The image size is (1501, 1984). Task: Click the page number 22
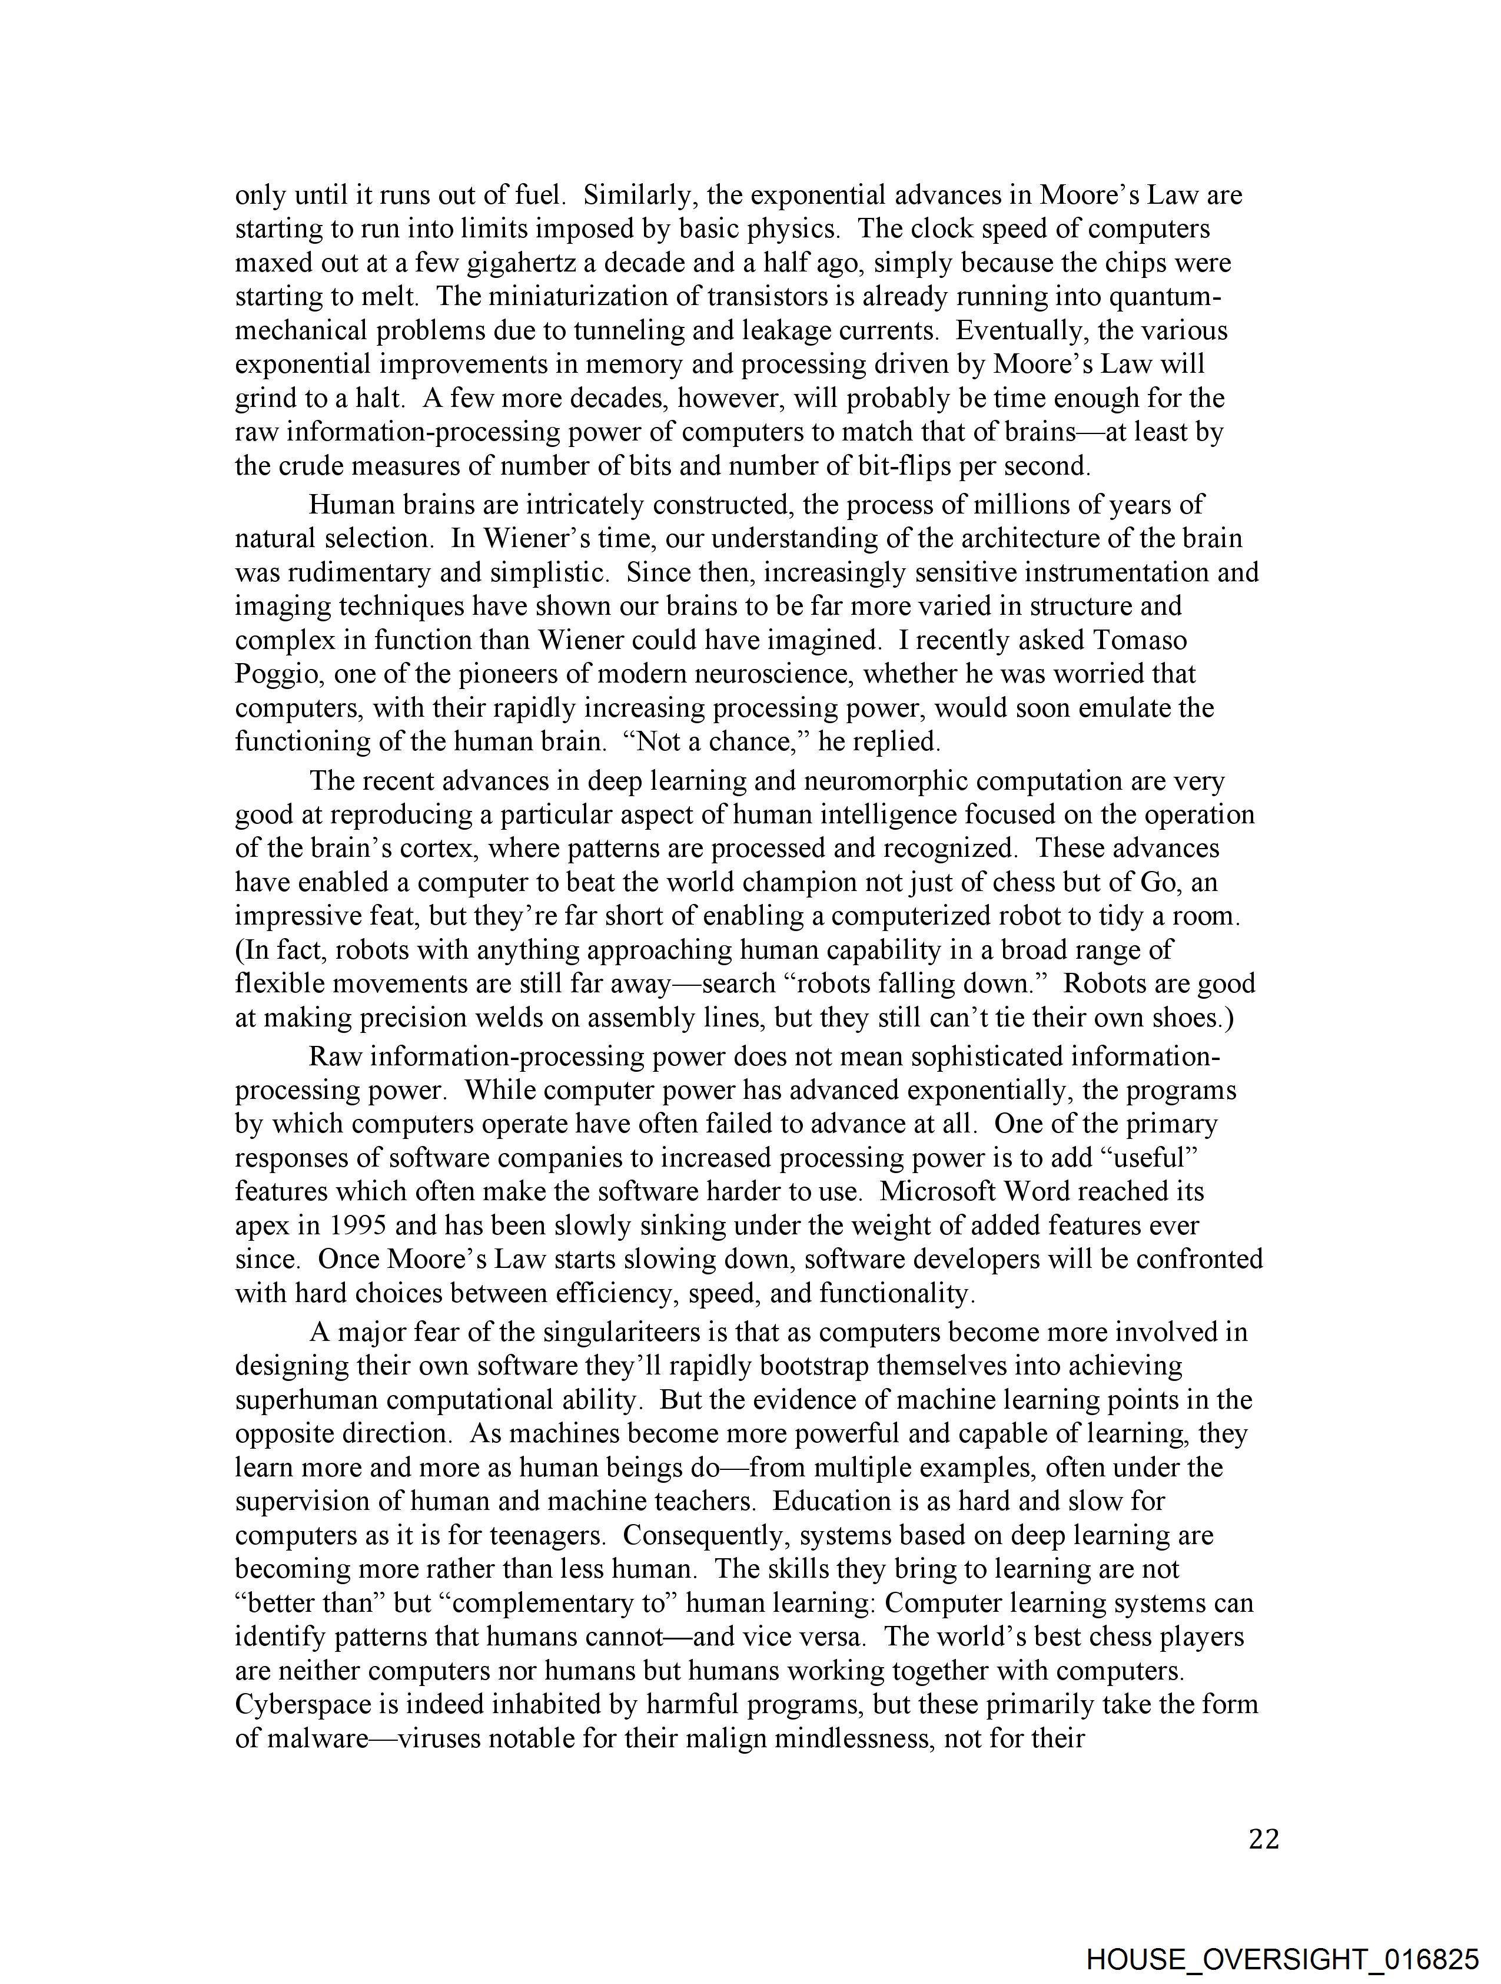[x=1263, y=1840]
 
